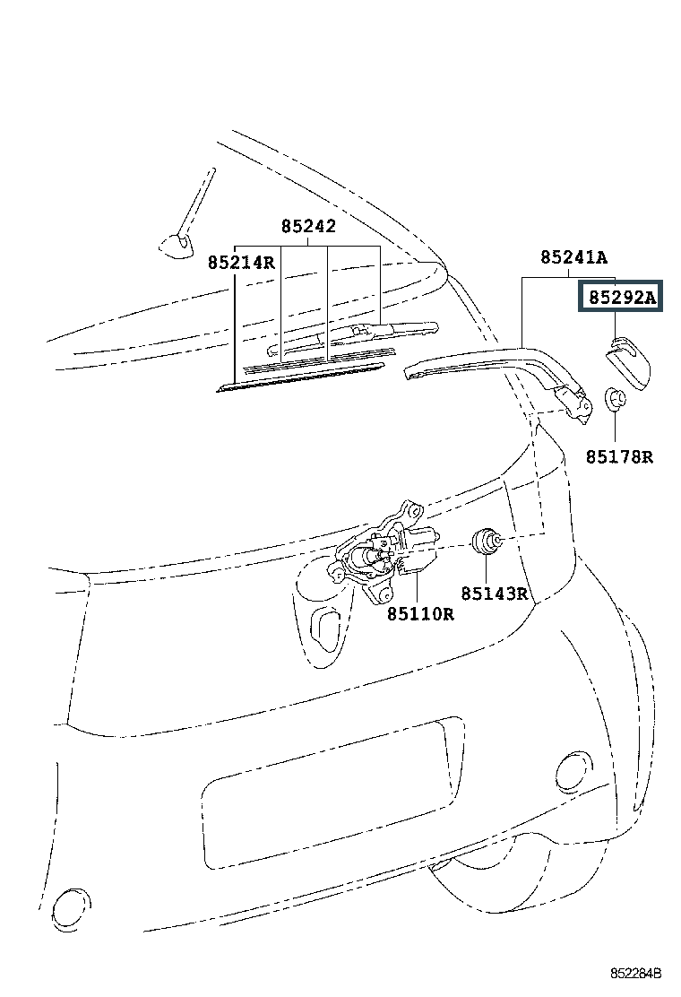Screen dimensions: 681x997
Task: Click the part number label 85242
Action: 308,226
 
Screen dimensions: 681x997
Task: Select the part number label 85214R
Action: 241,262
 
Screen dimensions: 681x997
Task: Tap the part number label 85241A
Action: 573,257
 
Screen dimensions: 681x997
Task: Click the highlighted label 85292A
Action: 620,296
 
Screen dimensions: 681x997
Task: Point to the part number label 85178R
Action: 619,456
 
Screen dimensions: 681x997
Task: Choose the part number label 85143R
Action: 495,594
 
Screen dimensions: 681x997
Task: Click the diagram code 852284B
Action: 636,974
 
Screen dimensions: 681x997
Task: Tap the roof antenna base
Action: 176,246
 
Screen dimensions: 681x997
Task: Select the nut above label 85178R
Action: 615,399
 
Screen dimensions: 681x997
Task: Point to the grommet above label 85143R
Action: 485,542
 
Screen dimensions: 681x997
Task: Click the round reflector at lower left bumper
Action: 70,906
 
